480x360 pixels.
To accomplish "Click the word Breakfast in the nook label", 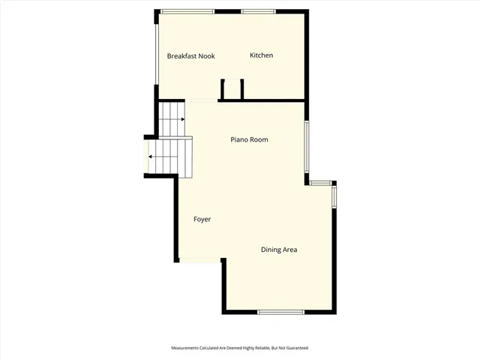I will click(x=181, y=56).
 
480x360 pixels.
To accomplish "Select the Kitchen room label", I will click(x=261, y=55).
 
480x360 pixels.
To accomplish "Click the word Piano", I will click(x=239, y=139).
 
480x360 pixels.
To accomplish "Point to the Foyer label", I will click(x=202, y=219).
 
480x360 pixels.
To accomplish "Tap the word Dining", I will click(x=271, y=250).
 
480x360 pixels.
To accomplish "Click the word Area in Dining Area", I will click(x=290, y=250).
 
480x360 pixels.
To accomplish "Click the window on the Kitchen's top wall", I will click(x=257, y=11).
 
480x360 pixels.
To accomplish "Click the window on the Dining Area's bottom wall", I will click(x=280, y=312).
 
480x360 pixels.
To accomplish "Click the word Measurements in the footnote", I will click(x=184, y=348).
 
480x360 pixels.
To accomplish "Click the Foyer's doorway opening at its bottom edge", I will click(x=199, y=261).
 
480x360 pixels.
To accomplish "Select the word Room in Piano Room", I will click(x=259, y=139).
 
